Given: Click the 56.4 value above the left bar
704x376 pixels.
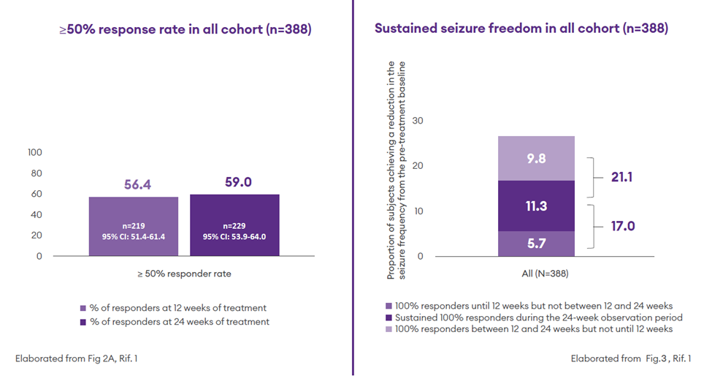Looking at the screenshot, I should click(x=137, y=186).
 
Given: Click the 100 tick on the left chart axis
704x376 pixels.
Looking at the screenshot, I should click(x=34, y=152).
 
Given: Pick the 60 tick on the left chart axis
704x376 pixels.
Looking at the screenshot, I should click(x=37, y=194).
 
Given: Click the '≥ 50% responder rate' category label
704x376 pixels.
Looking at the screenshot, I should click(x=183, y=274).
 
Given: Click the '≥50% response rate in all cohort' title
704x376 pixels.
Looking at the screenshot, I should click(x=185, y=30).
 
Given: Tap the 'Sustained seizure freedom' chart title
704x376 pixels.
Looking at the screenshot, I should click(x=521, y=29).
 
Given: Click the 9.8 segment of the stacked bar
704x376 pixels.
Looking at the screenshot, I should click(x=536, y=159).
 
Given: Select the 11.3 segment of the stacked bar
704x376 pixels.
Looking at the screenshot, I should click(x=536, y=206).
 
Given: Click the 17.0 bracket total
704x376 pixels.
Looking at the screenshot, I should click(x=622, y=226).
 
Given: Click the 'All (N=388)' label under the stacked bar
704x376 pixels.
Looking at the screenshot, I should click(x=536, y=274).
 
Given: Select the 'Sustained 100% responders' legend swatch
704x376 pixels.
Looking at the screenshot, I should click(x=388, y=317).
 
